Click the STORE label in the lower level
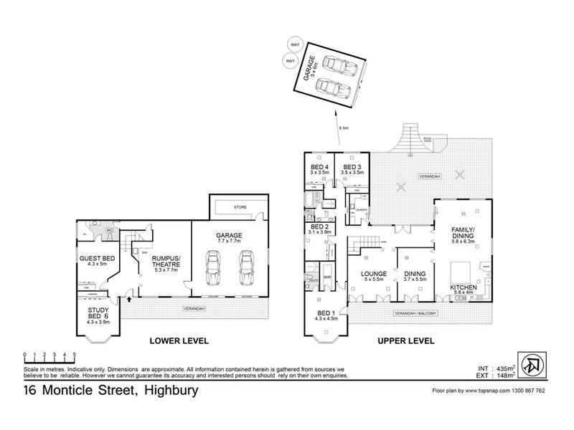pos(240,208)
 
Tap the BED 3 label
pos(354,168)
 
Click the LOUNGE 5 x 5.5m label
pos(373,277)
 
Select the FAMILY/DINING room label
pos(462,234)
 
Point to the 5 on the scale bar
pos(75,355)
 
